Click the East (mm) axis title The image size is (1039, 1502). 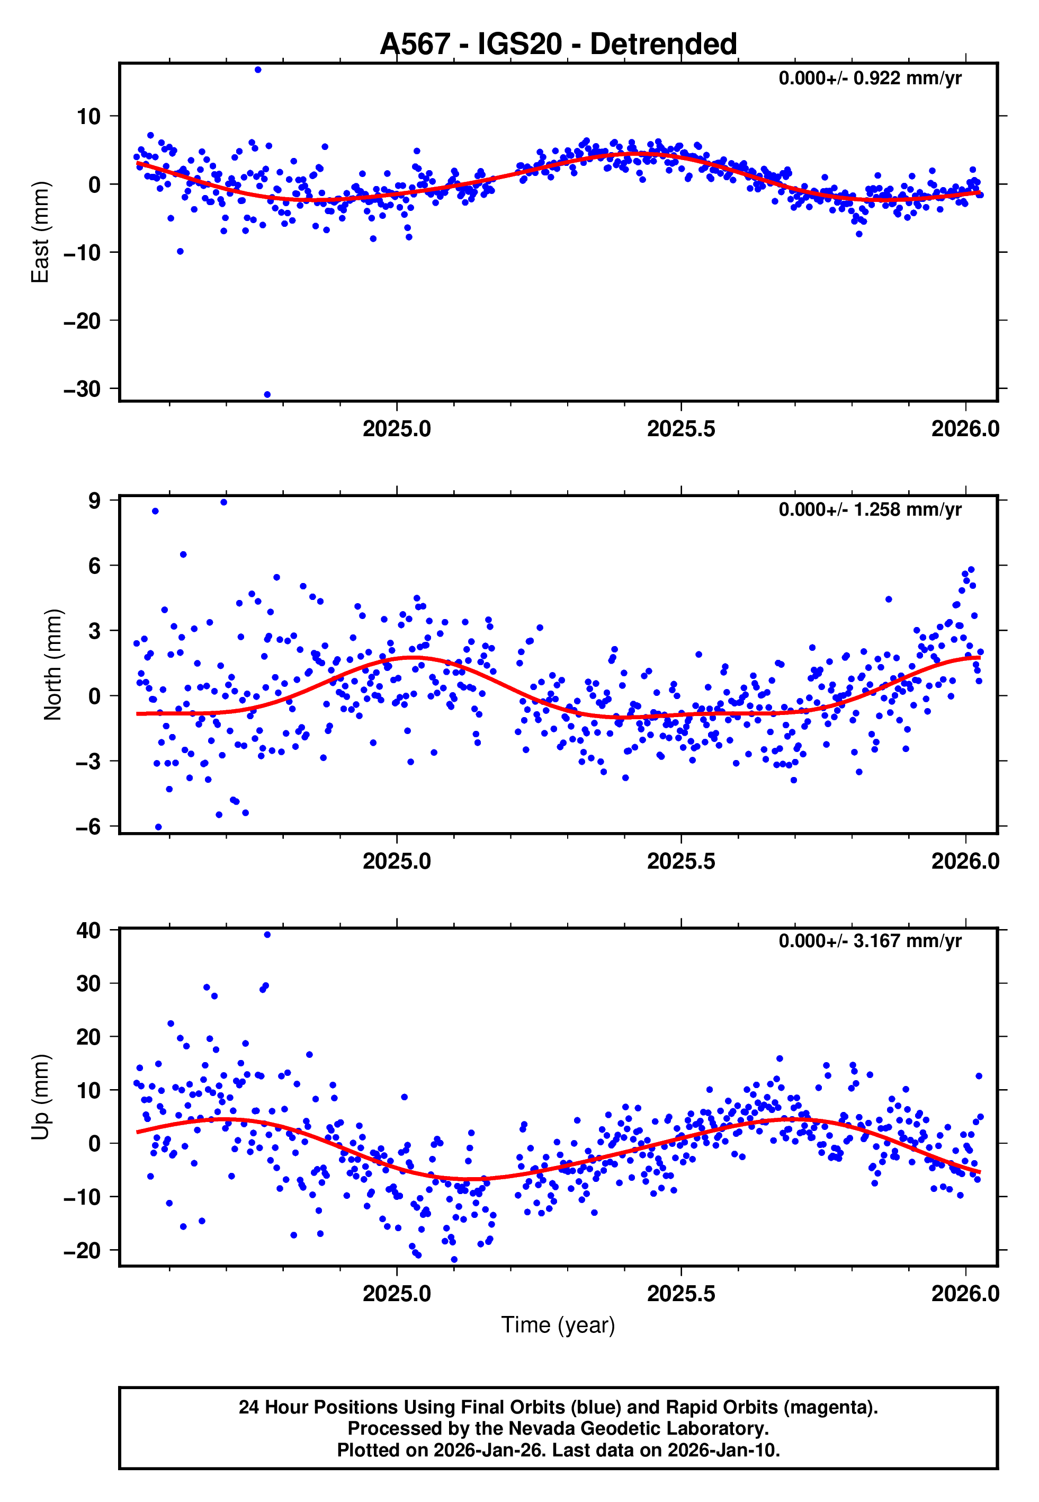pos(40,232)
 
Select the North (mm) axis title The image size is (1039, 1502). pos(52,665)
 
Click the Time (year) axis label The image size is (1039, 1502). pos(558,1325)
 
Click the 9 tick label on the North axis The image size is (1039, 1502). pos(95,500)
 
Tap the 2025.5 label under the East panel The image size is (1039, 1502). pos(680,429)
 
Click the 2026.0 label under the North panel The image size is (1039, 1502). pos(965,861)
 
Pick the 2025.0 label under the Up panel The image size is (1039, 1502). pos(397,1294)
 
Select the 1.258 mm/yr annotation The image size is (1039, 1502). pos(870,509)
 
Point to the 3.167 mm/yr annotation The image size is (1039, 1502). pos(870,941)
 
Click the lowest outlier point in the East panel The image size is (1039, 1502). pos(267,395)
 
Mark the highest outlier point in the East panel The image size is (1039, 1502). pos(258,69)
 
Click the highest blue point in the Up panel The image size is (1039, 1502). pos(267,935)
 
